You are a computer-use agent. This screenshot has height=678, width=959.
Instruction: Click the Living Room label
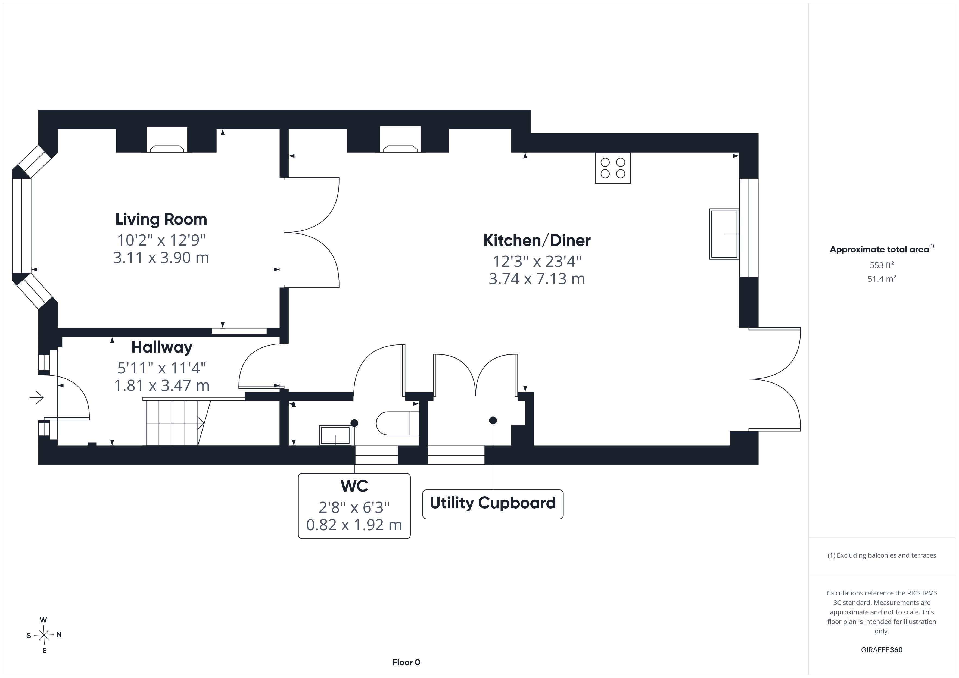(x=161, y=219)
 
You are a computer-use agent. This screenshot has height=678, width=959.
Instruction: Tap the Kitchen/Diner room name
(x=537, y=240)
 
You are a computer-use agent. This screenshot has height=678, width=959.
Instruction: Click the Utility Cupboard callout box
(x=493, y=504)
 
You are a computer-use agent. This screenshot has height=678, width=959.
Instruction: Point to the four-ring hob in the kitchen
(x=613, y=168)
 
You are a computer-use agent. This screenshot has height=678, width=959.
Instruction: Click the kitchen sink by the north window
(x=724, y=234)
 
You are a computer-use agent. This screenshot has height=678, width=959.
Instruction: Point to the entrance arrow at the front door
(x=36, y=397)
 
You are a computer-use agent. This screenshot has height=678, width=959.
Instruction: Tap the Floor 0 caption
(x=406, y=662)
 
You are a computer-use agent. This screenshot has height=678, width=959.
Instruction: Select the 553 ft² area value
(x=882, y=265)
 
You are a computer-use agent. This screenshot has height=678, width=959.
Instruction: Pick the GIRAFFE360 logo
(x=882, y=649)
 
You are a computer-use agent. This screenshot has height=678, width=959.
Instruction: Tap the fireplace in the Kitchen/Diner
(x=400, y=139)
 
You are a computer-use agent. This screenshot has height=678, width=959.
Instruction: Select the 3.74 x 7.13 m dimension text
(x=537, y=278)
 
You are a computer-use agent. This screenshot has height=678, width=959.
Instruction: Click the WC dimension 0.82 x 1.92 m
(x=354, y=525)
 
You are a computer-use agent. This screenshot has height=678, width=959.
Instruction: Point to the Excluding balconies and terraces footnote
(x=882, y=555)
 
